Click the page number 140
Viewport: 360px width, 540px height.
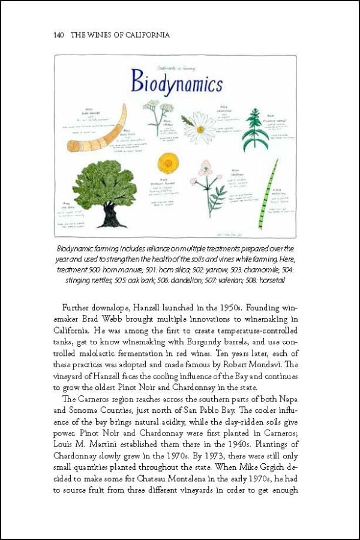pyautogui.click(x=50, y=35)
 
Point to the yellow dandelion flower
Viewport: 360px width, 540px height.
pyautogui.click(x=168, y=163)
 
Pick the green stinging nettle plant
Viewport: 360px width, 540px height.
pyautogui.click(x=255, y=130)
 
